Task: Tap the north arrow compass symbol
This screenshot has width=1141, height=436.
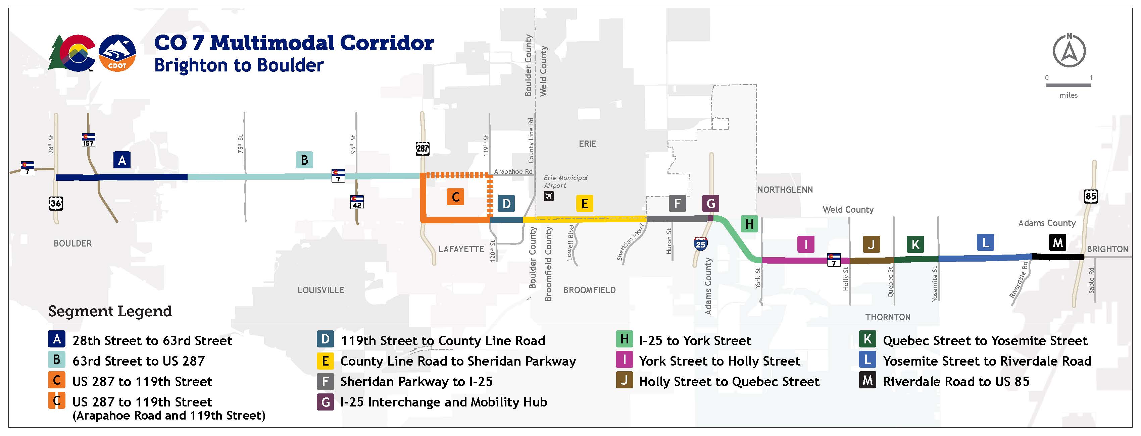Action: click(x=1069, y=51)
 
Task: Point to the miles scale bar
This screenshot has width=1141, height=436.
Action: click(x=1069, y=85)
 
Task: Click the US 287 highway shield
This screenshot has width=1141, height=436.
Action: click(x=422, y=148)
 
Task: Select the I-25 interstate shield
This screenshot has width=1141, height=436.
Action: click(x=700, y=243)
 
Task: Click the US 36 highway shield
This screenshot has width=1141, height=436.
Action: click(x=55, y=203)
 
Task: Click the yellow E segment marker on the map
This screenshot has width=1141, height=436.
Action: click(x=584, y=204)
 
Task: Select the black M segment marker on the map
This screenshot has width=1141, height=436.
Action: click(x=1057, y=242)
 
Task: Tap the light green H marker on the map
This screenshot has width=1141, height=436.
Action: click(x=749, y=224)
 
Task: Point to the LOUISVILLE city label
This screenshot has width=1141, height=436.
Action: click(x=321, y=290)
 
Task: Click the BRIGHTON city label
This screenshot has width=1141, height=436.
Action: click(x=1107, y=249)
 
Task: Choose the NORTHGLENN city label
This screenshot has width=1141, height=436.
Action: click(x=785, y=190)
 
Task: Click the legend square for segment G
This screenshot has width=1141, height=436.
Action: click(x=325, y=402)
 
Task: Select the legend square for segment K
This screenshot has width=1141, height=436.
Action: click(x=867, y=339)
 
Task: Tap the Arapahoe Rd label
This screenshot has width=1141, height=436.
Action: click(x=513, y=171)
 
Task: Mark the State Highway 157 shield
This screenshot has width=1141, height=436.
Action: click(x=88, y=140)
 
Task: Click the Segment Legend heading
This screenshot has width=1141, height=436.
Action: click(x=110, y=311)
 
